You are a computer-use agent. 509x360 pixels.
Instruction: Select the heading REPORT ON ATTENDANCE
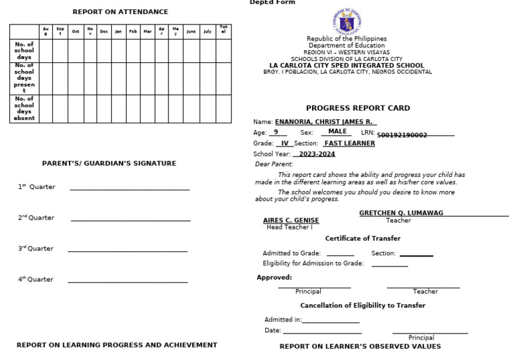[x=120, y=12]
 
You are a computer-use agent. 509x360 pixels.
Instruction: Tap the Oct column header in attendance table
[x=75, y=31]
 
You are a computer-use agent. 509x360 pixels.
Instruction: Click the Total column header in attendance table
[x=223, y=31]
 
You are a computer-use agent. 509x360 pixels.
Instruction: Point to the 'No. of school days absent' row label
[x=25, y=109]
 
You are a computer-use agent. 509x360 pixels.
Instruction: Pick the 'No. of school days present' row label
[x=25, y=78]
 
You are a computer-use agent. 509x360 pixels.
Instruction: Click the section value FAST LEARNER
[x=349, y=143]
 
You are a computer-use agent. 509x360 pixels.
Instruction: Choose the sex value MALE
[x=337, y=132]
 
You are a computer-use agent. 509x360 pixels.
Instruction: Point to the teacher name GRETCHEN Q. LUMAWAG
[x=401, y=213]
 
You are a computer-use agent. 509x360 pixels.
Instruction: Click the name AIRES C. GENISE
[x=291, y=220]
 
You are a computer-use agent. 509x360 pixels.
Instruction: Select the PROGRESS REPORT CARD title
[x=358, y=108]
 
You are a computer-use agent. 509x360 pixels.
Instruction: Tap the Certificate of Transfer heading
[x=363, y=239]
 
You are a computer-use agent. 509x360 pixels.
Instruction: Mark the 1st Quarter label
[x=36, y=187]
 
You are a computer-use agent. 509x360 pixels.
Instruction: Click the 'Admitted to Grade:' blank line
[x=340, y=255]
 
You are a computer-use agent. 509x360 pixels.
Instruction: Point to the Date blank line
[x=322, y=333]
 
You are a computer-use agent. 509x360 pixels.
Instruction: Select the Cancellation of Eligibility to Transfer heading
[x=363, y=306]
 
